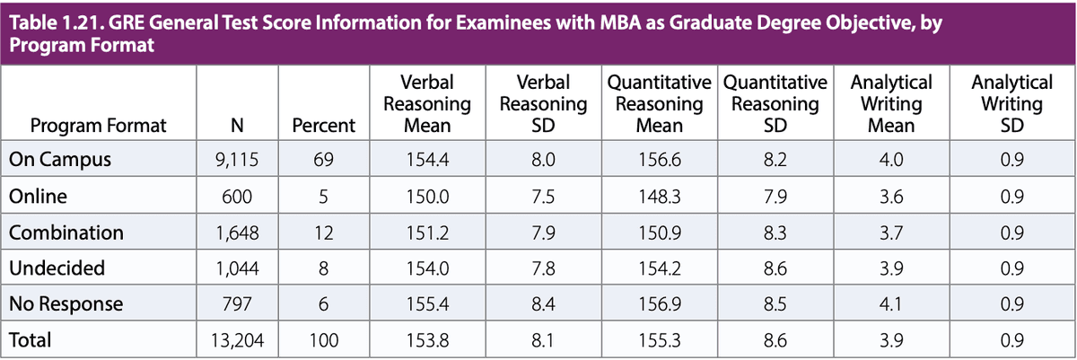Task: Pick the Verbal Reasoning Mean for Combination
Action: coord(426,233)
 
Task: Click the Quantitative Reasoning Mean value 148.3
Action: coord(659,197)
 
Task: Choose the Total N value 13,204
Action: coord(234,340)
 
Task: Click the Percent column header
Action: coord(323,126)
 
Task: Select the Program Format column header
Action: coord(99,126)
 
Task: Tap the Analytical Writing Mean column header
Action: coord(891,104)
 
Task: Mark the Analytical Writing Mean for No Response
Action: coord(891,304)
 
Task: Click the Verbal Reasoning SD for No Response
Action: coord(543,304)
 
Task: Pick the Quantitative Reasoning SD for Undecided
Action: coord(775,268)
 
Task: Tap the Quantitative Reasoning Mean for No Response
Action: coord(659,304)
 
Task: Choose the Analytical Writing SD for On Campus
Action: coord(1011,161)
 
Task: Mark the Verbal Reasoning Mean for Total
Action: coord(426,340)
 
